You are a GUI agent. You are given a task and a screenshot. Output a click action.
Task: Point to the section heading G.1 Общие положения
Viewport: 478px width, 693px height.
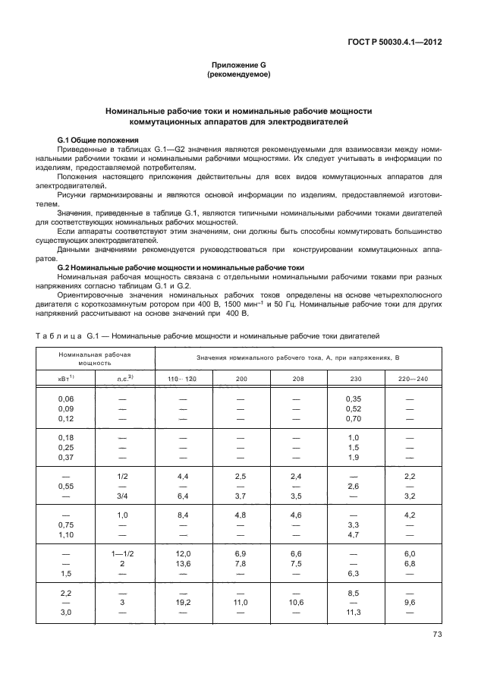98,140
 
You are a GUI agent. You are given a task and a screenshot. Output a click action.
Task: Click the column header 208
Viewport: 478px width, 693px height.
297,377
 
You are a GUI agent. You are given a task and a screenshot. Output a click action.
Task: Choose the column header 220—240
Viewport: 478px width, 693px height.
410,377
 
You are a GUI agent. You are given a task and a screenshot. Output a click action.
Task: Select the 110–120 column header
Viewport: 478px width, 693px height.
183,377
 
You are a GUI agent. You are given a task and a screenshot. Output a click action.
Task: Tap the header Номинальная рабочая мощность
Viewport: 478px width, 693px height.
96,359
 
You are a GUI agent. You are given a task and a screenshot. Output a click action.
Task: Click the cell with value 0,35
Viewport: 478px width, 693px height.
354,398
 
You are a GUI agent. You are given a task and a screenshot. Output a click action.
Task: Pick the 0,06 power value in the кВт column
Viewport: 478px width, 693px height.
67,398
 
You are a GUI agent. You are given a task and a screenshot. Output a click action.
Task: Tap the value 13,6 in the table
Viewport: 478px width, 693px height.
183,565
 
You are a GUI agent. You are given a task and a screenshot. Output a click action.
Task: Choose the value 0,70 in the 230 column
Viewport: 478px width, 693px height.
354,418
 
